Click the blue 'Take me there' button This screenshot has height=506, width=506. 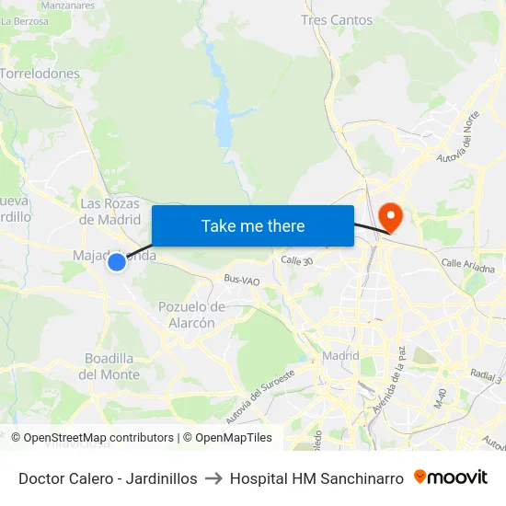pos(253,225)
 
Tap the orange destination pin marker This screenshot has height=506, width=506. pos(391,217)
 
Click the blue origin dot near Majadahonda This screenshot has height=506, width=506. pos(117,262)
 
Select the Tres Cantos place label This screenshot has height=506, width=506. pos(337,19)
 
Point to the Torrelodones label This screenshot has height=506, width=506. pos(40,73)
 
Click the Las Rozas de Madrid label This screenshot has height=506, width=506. pos(110,211)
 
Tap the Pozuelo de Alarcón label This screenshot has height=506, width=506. pos(192,315)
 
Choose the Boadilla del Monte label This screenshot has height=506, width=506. pos(109,366)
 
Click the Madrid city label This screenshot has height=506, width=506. pos(340,356)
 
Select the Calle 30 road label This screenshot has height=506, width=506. pos(297,260)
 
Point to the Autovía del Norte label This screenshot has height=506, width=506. pos(460,145)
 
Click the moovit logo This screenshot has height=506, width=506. pos(451,477)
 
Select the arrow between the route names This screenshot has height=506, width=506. pos(213,478)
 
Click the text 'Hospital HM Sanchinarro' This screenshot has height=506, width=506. pos(316,478)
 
